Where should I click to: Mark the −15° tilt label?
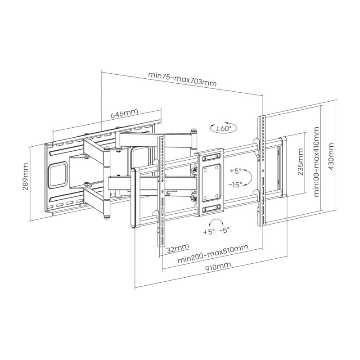(x=235, y=184)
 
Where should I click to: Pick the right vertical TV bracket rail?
(x=261, y=171)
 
